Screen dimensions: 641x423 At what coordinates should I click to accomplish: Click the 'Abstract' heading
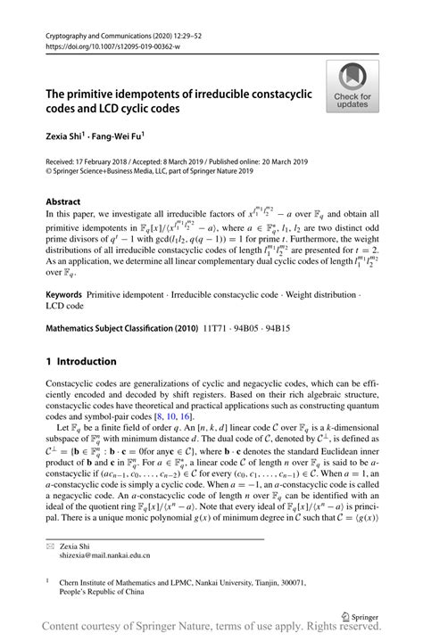[62, 201]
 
